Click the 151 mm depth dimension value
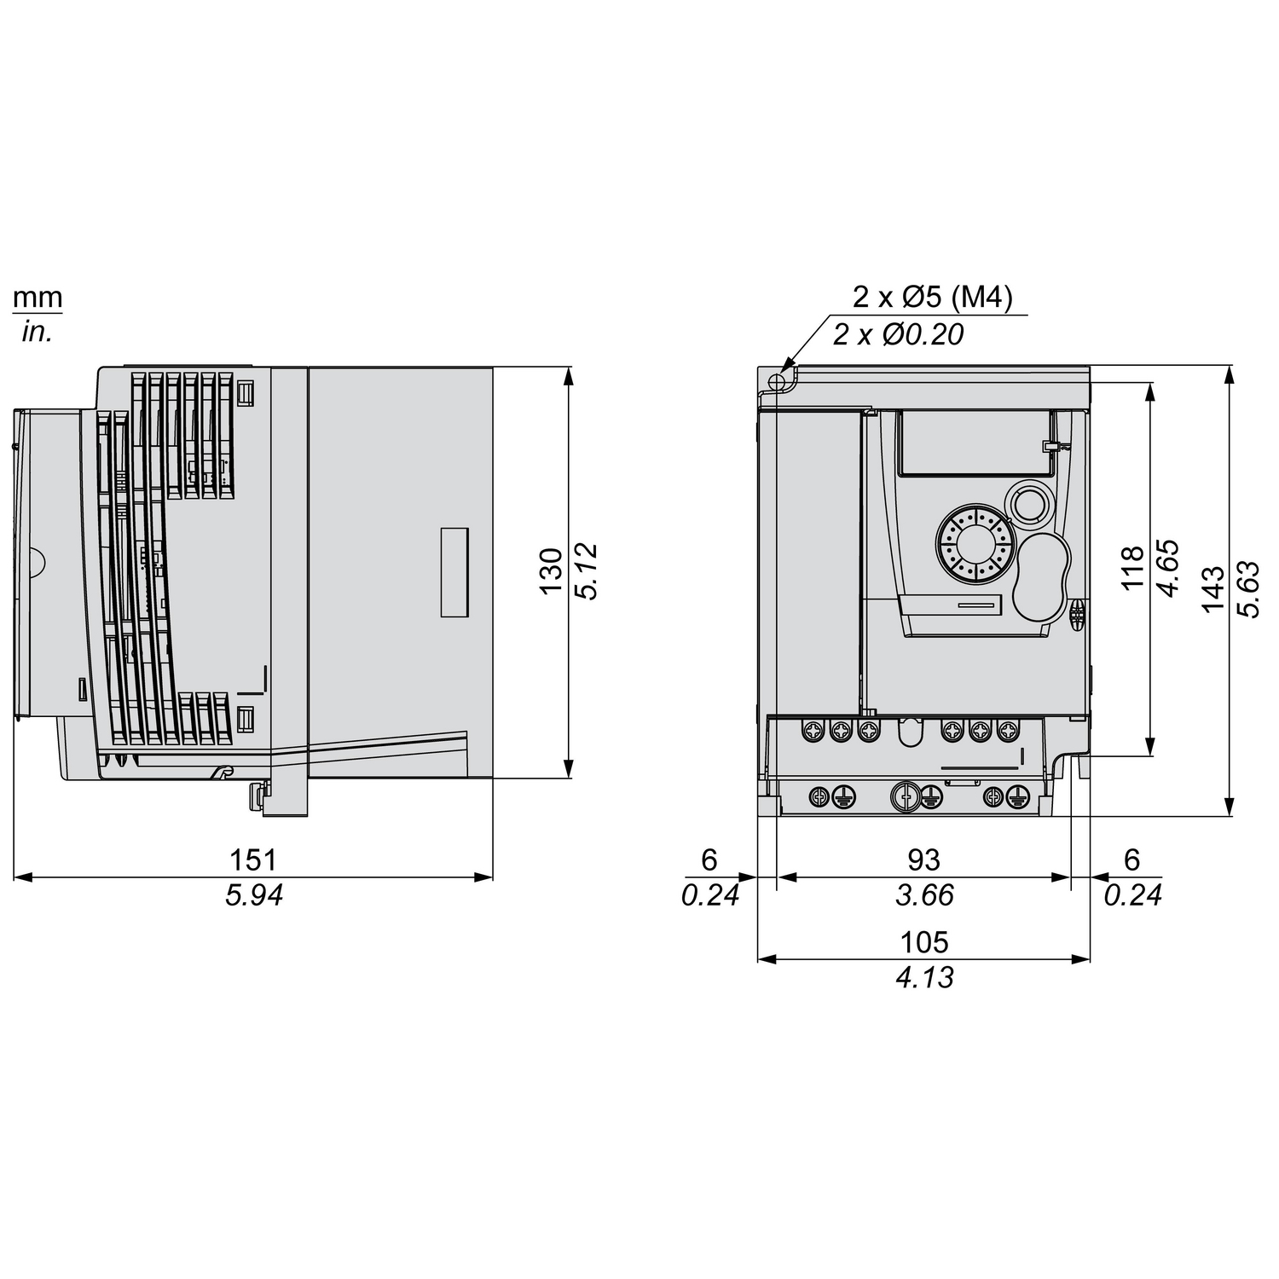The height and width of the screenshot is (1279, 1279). coord(253,859)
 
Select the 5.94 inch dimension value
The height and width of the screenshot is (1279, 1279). coord(253,895)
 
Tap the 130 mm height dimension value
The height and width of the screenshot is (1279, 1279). coord(553,571)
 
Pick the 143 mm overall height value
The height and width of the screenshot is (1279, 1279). coord(1212,588)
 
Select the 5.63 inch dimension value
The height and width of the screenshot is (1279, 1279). coord(1247,588)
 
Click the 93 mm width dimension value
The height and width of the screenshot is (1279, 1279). coord(923,859)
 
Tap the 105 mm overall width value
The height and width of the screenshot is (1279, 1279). coord(924,942)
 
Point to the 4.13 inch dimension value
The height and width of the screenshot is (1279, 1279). coord(924,977)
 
